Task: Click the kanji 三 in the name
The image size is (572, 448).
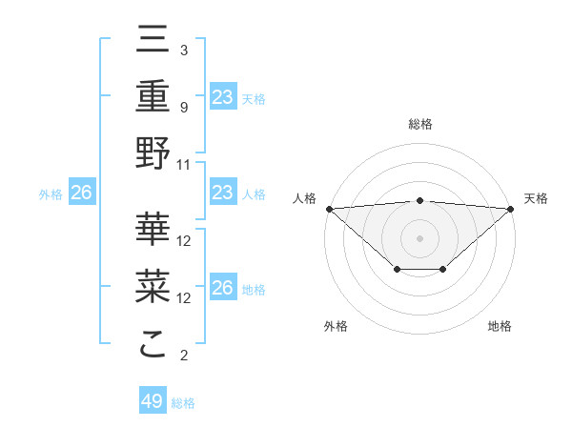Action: tap(153, 40)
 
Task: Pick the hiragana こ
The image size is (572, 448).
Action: tap(153, 343)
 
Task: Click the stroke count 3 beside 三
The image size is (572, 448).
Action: tap(183, 50)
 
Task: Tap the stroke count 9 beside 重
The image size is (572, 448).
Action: tap(183, 107)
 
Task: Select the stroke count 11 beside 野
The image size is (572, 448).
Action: tap(184, 164)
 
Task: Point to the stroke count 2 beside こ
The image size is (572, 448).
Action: tap(183, 356)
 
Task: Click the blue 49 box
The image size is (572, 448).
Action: tap(153, 401)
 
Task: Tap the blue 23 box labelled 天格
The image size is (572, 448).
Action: tap(222, 96)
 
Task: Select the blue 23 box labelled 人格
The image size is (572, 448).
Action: tap(222, 193)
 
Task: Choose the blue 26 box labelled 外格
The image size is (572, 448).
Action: tap(81, 193)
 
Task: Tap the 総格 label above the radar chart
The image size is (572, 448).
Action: tap(419, 124)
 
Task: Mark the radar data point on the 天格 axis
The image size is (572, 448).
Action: tap(511, 208)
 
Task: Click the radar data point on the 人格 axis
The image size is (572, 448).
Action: tap(329, 208)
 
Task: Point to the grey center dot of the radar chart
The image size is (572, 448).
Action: tap(419, 237)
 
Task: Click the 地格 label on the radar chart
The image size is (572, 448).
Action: tap(500, 326)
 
